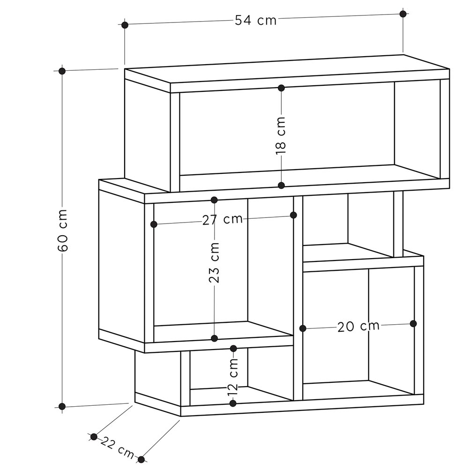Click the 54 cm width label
tap(255, 20)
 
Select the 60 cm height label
tap(63, 231)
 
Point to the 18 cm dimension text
tap(281, 136)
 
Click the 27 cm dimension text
tap(223, 220)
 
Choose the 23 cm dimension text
tap(214, 263)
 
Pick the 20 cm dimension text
tap(358, 326)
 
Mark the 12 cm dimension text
tap(233, 376)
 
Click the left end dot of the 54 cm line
tap(125, 25)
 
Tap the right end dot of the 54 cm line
tap(403, 14)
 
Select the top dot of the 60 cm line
tap(62, 71)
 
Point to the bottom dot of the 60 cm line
tap(62, 407)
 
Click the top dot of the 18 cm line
tap(281, 88)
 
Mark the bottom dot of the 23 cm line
tap(214, 338)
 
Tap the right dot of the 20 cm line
tap(413, 324)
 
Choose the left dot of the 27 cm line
tap(154, 224)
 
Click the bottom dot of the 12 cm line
tap(233, 403)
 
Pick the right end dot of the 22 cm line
tap(141, 460)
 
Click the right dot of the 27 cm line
tap(293, 215)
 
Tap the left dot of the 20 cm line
tap(303, 328)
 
